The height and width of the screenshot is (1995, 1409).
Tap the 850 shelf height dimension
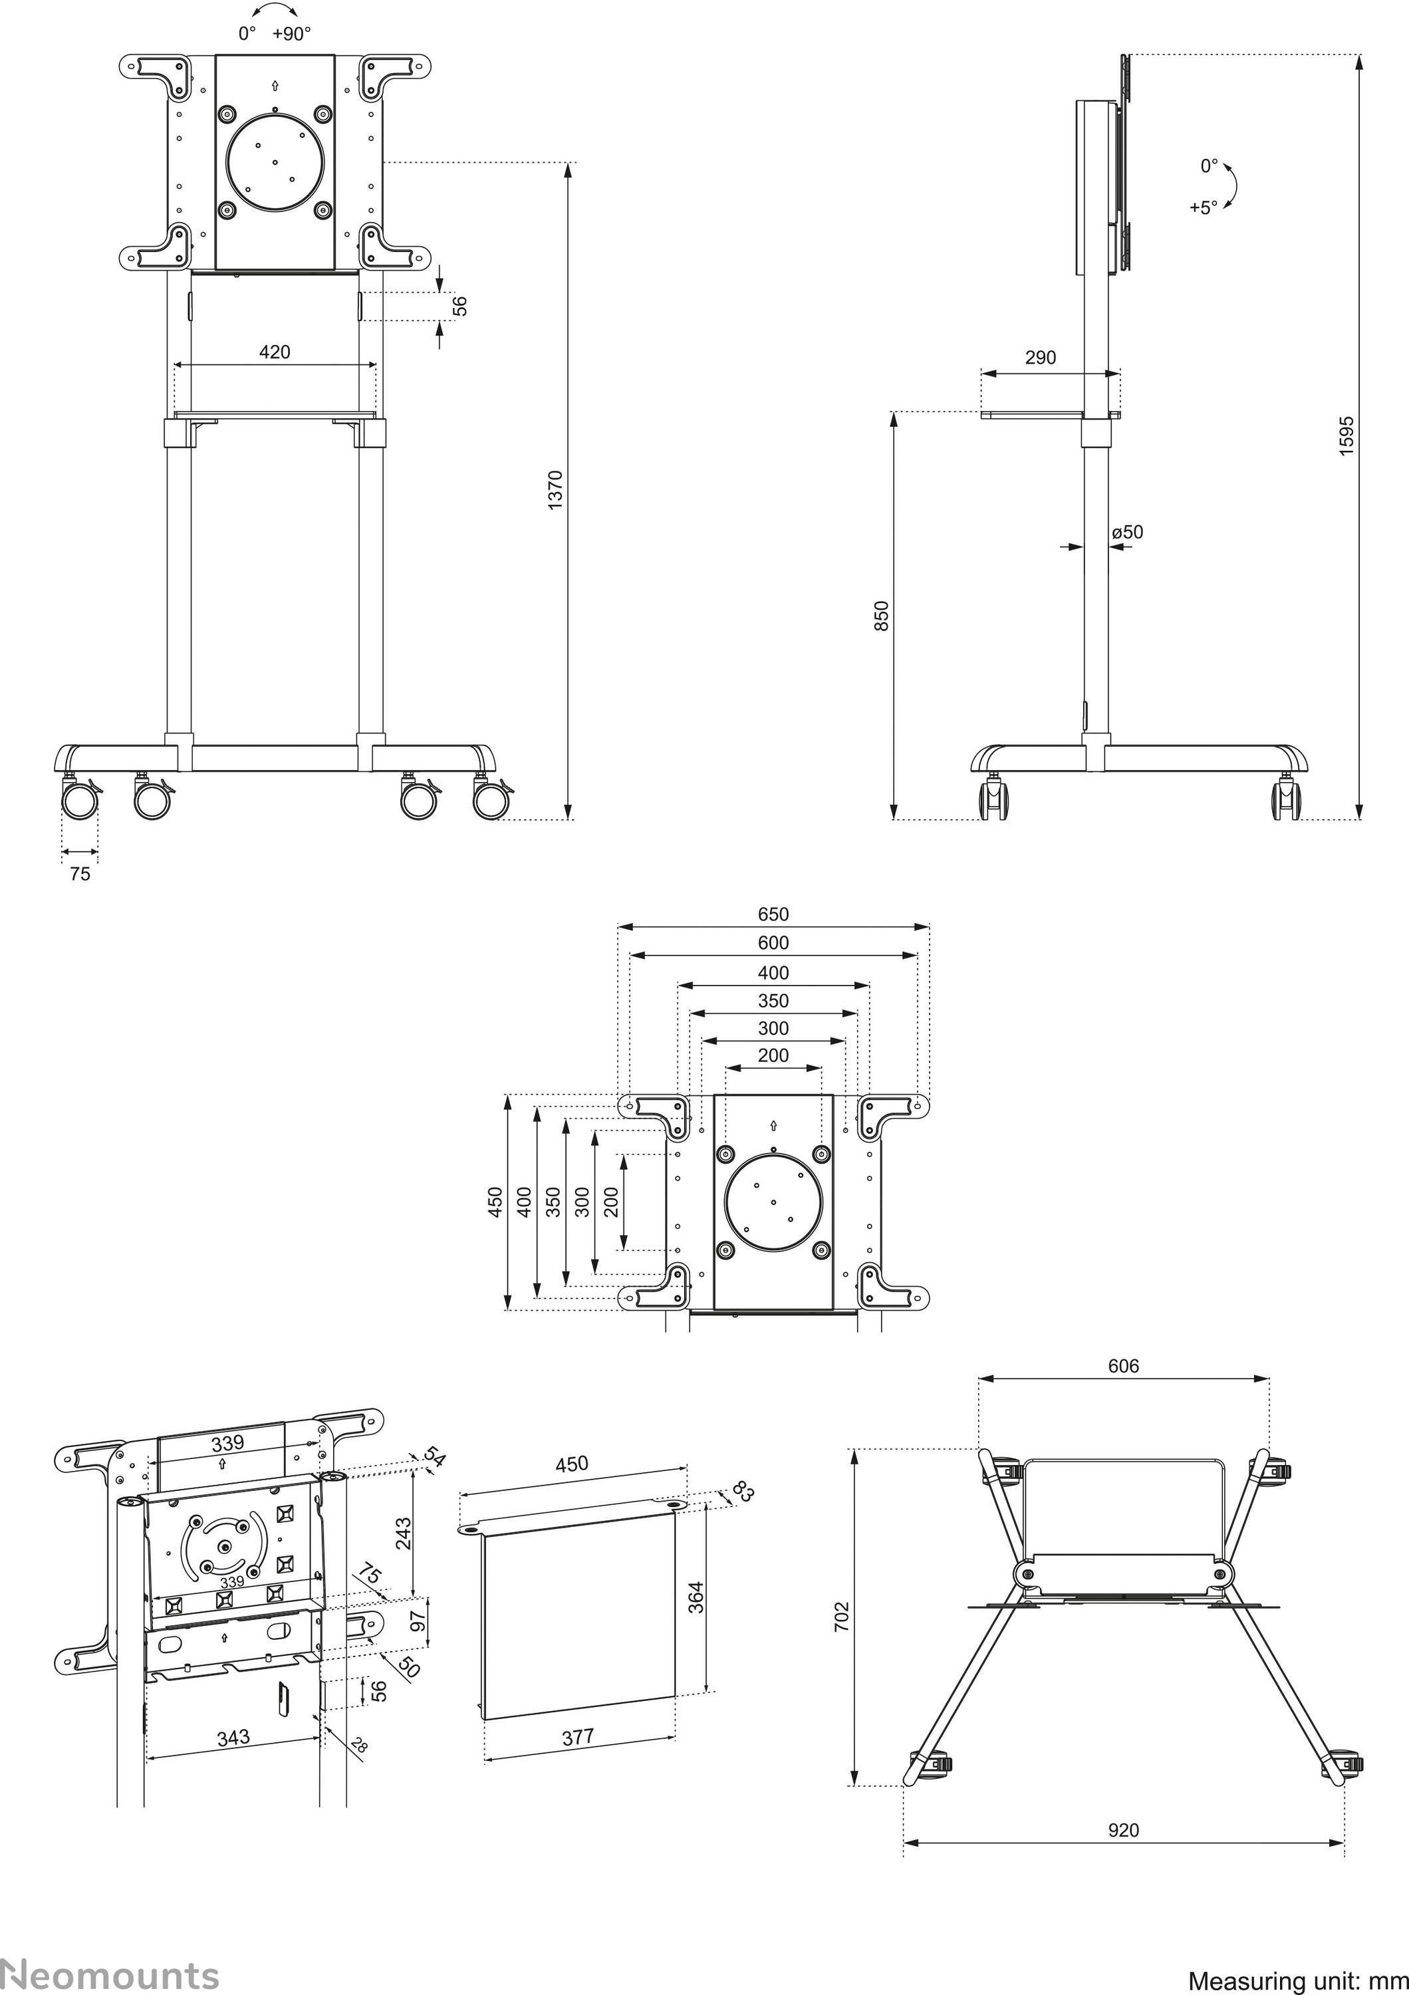[882, 615]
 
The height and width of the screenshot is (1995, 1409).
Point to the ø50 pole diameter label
[1128, 532]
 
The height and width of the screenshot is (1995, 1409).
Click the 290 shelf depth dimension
[1040, 357]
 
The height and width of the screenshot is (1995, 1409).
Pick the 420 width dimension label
[275, 352]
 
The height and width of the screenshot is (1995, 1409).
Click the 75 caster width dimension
[79, 874]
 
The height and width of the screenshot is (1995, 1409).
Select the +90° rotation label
[291, 34]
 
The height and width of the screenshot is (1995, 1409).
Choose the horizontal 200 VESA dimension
[773, 1055]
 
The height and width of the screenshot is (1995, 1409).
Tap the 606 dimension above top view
[1123, 1366]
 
